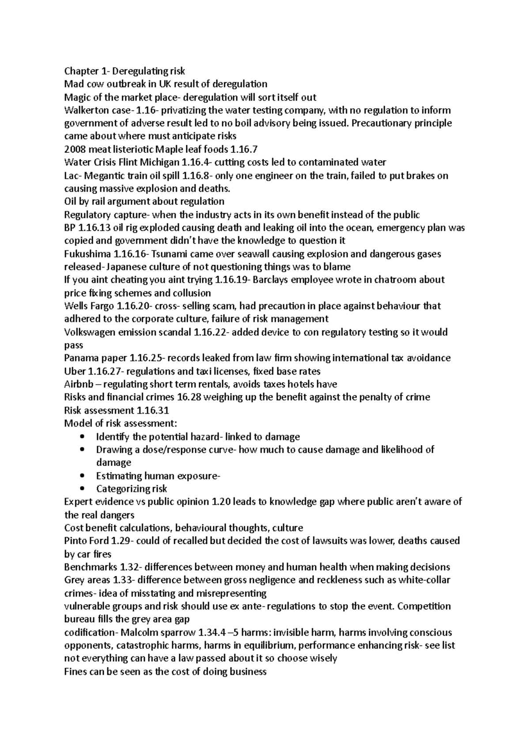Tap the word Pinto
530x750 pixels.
coord(76,541)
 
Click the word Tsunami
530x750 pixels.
coord(172,254)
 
